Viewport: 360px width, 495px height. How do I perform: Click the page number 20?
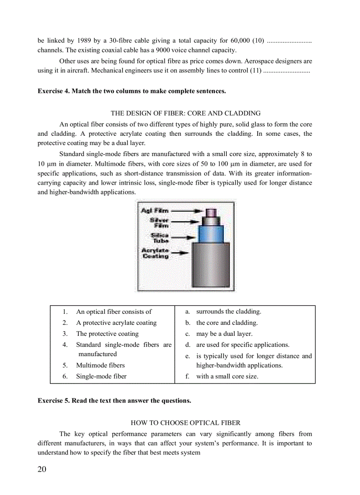coord(42,469)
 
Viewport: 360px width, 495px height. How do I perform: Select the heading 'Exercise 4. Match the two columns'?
coord(131,91)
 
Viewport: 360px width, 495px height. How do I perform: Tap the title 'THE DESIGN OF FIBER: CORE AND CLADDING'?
coord(185,113)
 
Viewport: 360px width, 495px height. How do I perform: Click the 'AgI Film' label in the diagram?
coord(154,211)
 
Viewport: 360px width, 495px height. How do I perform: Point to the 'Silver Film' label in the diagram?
coord(159,223)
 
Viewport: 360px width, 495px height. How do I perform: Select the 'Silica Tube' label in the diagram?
coord(159,238)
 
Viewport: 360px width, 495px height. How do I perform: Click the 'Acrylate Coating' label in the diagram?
coord(155,253)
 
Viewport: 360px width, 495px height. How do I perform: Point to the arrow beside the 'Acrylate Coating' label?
coord(180,253)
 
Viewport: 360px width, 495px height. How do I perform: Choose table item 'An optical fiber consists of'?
coord(114,312)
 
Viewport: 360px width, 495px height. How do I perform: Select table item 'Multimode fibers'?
coord(100,365)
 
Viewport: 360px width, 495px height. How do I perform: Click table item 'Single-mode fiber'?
coord(101,376)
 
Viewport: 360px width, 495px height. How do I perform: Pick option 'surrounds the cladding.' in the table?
coord(229,312)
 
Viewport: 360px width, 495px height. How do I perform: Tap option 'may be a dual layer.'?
coord(224,334)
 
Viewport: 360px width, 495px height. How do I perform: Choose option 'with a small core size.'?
coord(227,376)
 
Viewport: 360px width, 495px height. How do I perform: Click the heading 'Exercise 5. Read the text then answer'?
coord(114,401)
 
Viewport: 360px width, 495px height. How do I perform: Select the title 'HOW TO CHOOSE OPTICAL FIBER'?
coord(185,423)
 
